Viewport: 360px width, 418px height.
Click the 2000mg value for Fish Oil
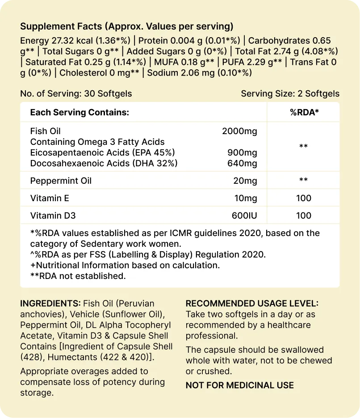tap(239, 131)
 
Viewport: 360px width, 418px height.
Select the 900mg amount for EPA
tap(242, 153)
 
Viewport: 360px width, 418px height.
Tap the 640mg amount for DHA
tap(242, 164)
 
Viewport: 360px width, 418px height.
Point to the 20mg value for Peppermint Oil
tap(245, 181)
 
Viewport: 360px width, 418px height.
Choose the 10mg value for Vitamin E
tap(245, 198)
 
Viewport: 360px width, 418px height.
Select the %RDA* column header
tap(304, 112)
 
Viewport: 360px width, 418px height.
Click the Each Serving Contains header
tap(80, 112)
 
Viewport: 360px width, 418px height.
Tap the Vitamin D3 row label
tap(53, 215)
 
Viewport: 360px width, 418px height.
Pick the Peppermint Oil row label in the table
tap(61, 181)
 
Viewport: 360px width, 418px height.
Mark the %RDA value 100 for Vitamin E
tap(304, 198)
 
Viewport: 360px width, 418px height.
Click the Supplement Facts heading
tap(126, 26)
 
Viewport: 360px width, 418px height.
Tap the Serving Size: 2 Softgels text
tap(290, 94)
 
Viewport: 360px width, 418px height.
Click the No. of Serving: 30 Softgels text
tap(76, 94)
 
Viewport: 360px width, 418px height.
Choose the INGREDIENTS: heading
tap(50, 304)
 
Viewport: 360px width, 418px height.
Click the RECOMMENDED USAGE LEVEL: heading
tap(252, 304)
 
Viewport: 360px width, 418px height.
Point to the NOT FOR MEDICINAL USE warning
tap(239, 385)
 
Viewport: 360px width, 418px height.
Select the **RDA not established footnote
tap(78, 276)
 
